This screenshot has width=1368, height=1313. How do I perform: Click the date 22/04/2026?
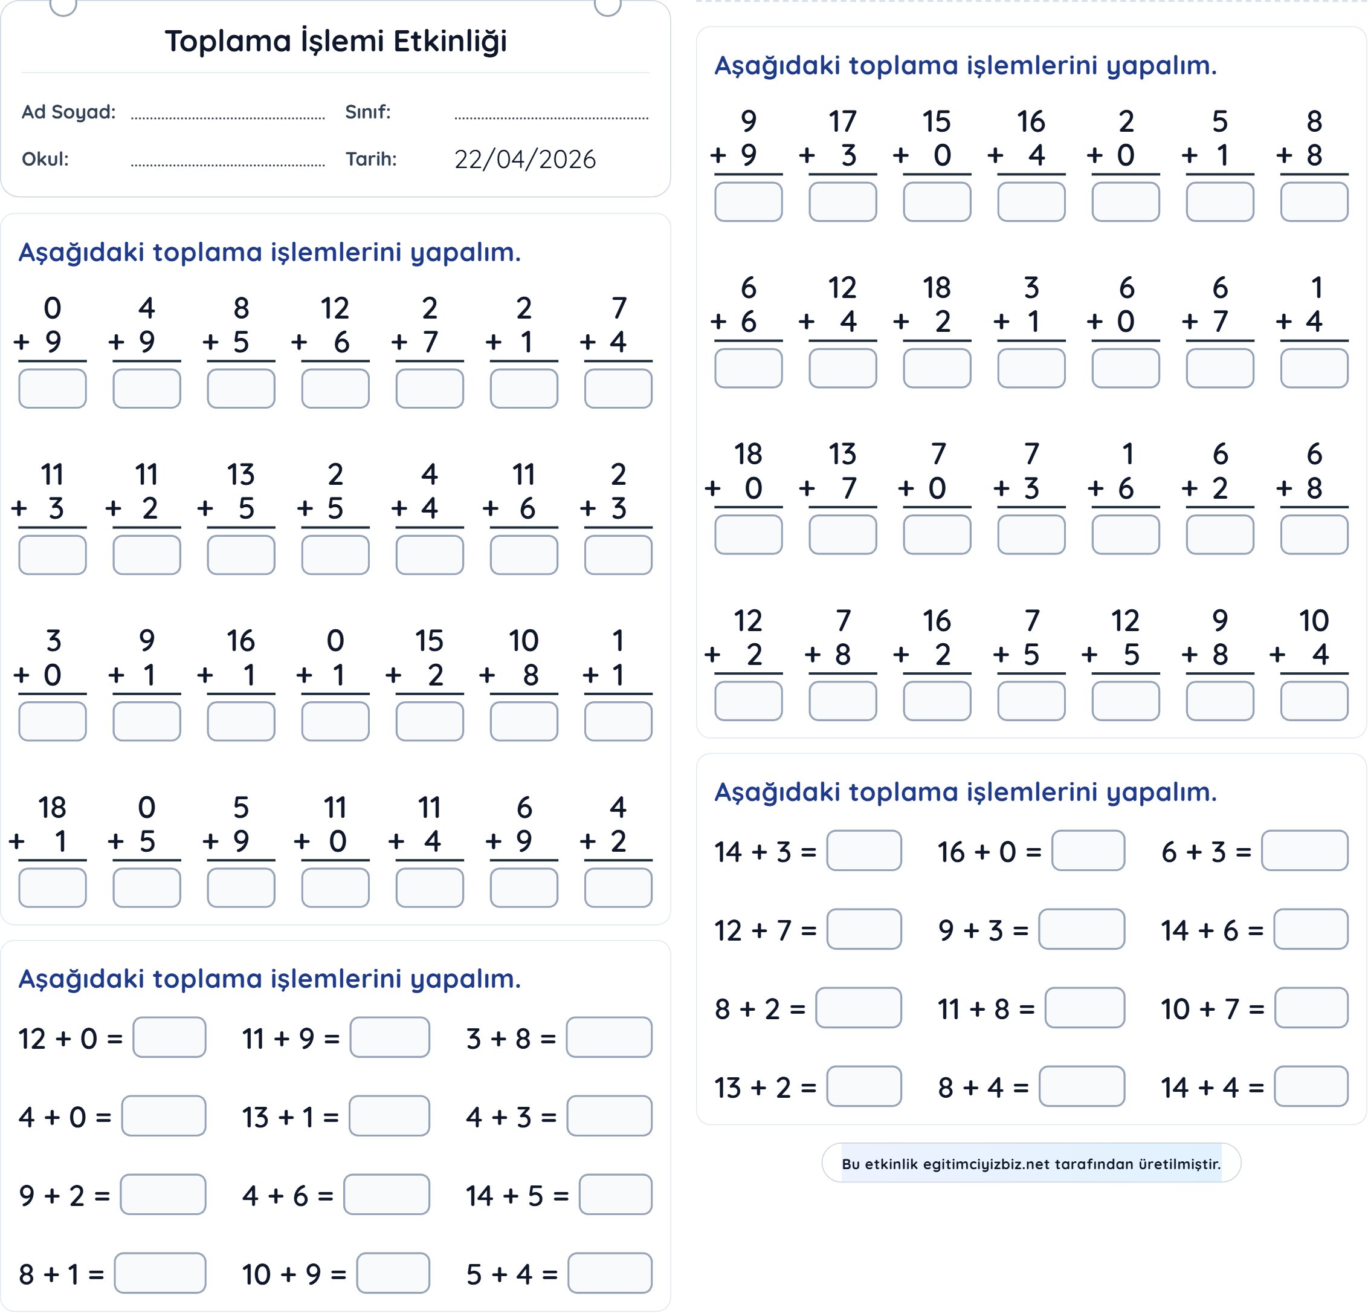pos(525,159)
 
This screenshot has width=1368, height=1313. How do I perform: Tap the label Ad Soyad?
pos(68,112)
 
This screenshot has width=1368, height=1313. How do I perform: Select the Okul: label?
pos(45,159)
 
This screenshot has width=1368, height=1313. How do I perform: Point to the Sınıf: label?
pos(368,112)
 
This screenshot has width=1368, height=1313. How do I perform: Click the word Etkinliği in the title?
pos(450,41)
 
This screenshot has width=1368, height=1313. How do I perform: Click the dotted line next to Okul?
pos(228,165)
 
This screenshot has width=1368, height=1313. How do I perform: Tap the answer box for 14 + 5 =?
pos(616,1195)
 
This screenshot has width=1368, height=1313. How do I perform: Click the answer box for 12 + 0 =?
pos(170,1037)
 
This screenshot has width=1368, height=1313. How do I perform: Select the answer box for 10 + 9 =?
pos(393,1273)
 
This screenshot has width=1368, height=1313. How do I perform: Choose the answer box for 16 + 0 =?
pos(1088,851)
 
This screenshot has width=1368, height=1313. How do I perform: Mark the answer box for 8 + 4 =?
pos(1082,1086)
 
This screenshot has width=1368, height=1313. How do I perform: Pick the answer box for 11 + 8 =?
pos(1085,1008)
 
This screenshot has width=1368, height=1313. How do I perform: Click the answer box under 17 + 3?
pos(842,202)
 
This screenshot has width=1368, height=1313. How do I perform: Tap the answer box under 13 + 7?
pos(842,535)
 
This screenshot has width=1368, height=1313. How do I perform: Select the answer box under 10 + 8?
pos(523,721)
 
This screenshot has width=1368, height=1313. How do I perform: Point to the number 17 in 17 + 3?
pos(842,122)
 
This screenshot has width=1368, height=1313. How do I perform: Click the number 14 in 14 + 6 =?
pos(1175,930)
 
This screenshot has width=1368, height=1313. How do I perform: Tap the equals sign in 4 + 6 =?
pos(325,1196)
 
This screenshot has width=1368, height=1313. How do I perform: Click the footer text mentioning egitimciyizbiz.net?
pos(1031,1164)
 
